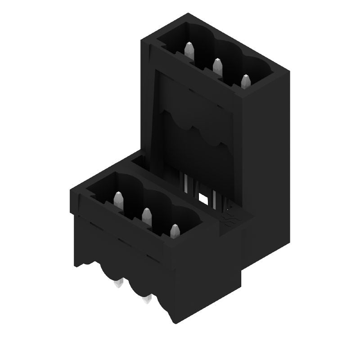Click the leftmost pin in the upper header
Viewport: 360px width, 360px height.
pos(189,50)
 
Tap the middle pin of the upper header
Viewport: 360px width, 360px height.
pos(218,67)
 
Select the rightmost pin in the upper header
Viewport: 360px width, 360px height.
pos(246,81)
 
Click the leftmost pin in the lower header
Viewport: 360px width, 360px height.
pos(118,200)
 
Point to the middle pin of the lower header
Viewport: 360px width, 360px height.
pos(147,216)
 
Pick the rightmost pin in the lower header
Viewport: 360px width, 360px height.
pos(175,231)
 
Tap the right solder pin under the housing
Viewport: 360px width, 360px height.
pos(146,299)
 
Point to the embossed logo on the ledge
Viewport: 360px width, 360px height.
pos(230,220)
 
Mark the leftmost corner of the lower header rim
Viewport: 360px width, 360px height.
pos(71,192)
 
